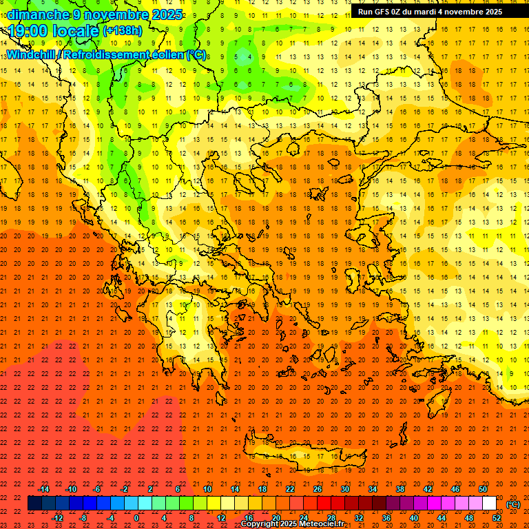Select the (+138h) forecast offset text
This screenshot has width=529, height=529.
(x=122, y=31)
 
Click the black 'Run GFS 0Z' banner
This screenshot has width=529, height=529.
(x=430, y=12)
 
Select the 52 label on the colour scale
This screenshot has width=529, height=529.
(x=497, y=518)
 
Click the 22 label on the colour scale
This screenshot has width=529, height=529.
(x=290, y=488)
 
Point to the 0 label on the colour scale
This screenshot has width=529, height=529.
(x=136, y=518)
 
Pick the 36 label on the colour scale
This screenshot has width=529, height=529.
(x=386, y=518)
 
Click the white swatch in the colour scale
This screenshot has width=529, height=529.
(x=489, y=504)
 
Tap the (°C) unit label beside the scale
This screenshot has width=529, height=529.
(x=513, y=504)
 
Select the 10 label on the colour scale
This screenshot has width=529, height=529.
(x=207, y=488)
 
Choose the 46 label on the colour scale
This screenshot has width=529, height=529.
(x=455, y=488)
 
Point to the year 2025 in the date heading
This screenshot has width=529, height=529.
(x=167, y=14)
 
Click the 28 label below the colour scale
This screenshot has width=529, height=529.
(x=331, y=518)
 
